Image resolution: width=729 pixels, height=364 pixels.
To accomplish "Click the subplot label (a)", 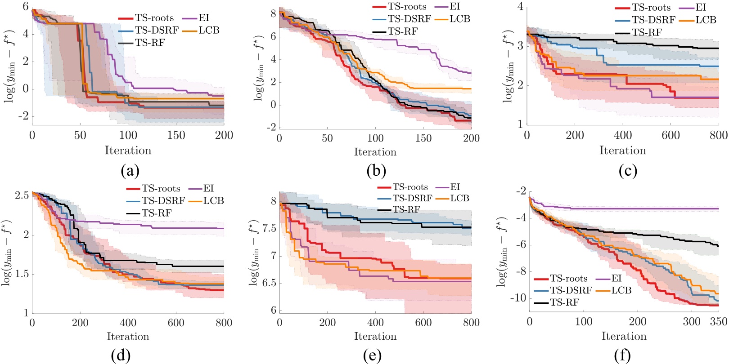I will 130,171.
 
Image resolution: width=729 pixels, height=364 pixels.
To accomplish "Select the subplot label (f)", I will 622,356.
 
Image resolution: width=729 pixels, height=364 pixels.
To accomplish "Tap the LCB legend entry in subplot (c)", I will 706,20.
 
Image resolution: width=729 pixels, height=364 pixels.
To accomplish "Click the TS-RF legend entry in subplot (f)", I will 564,302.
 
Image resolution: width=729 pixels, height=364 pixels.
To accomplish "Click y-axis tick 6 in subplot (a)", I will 26,6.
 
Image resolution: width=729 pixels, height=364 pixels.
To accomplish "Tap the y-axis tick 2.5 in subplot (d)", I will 22,195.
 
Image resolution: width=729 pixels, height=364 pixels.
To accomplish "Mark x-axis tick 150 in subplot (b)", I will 423,138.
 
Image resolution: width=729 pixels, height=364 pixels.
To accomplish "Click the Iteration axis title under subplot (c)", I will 622,151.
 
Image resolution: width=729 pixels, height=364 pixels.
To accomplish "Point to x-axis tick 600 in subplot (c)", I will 670,135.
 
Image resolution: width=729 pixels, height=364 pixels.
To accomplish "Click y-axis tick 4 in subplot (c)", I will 520,6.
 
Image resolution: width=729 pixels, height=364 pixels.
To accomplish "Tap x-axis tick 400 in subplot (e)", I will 375,322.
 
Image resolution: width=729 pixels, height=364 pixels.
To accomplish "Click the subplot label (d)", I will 121,356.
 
